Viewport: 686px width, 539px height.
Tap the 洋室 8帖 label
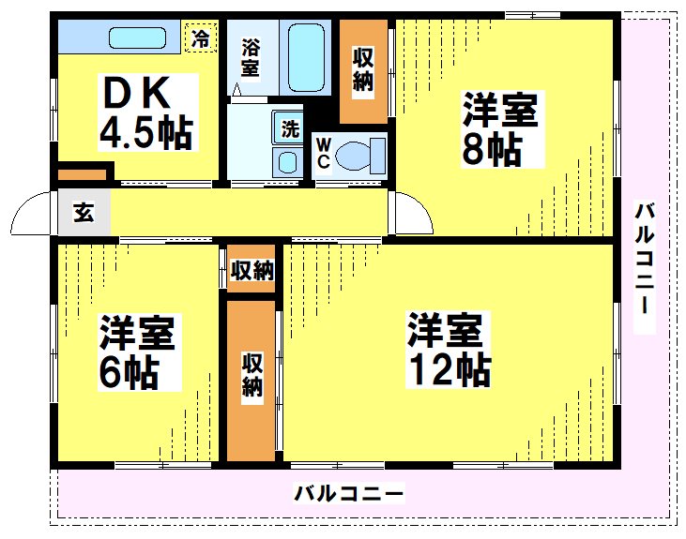499,130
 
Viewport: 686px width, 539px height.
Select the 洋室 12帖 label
447,350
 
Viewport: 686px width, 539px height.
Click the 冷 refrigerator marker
200,38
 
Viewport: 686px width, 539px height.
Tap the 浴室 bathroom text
250,57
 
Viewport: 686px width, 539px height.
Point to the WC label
323,153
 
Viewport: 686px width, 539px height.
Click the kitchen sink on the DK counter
137,38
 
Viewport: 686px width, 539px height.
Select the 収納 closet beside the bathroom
363,71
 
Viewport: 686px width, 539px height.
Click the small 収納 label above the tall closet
252,271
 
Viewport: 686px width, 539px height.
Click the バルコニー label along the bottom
349,493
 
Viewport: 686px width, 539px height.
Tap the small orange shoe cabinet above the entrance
83,174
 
